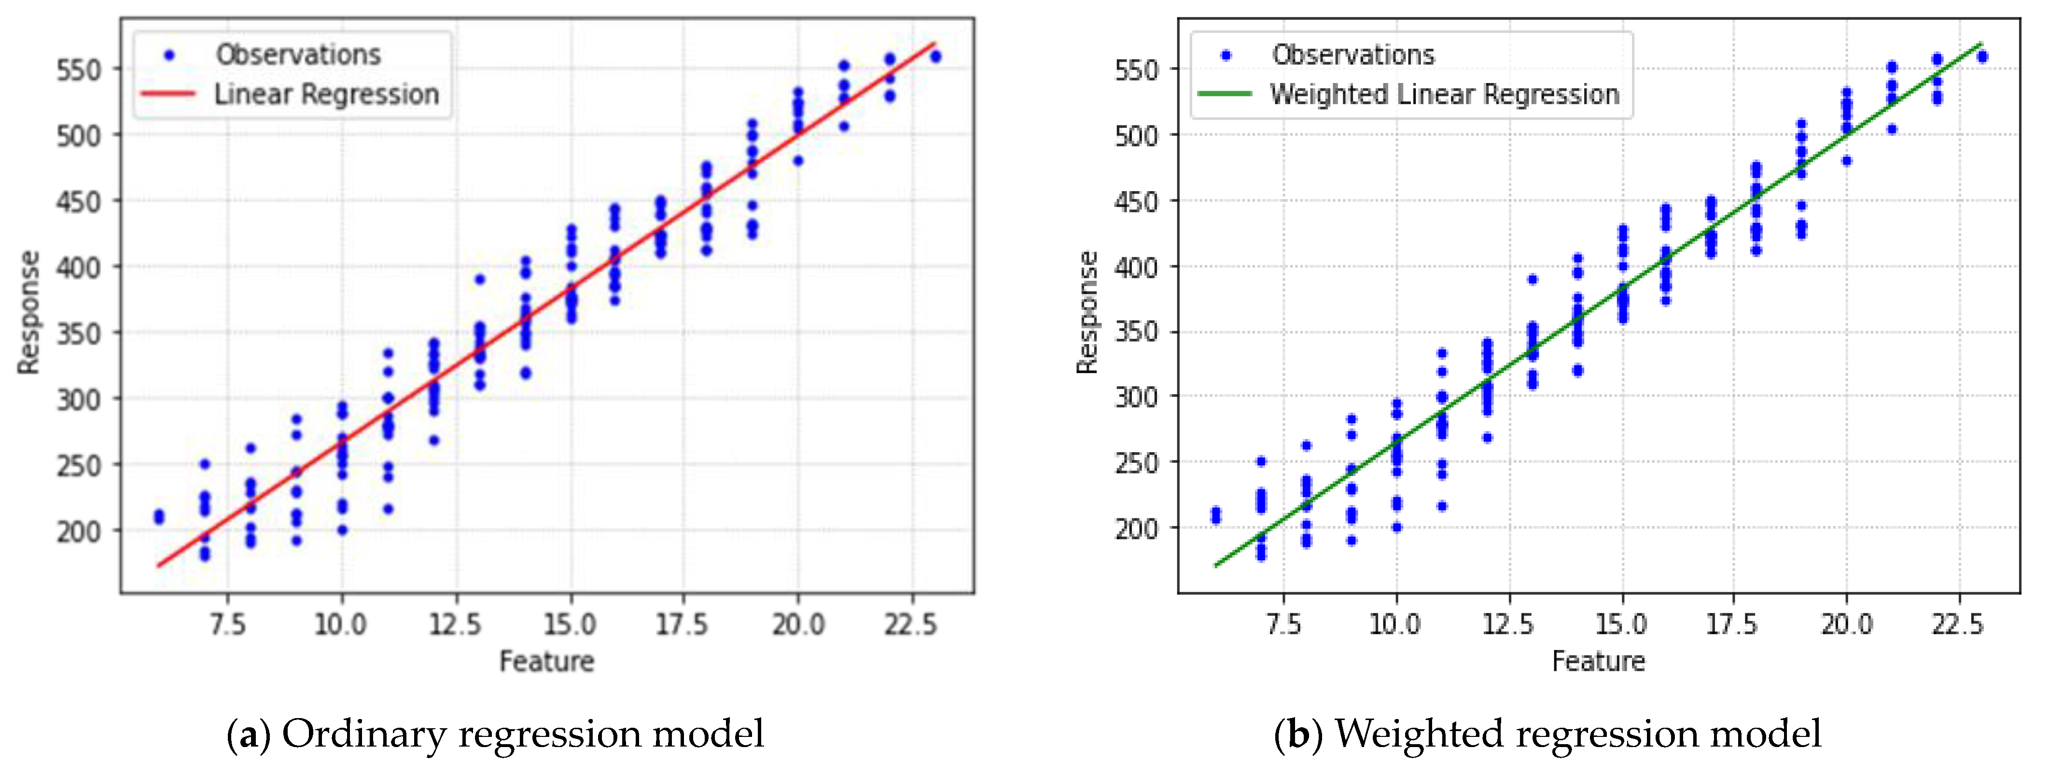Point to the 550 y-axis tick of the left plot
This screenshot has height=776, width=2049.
click(79, 70)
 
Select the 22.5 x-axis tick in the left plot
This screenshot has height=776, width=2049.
click(911, 625)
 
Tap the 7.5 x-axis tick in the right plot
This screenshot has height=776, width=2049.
click(1283, 625)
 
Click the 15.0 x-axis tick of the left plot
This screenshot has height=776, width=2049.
click(570, 625)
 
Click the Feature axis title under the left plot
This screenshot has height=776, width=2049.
click(546, 662)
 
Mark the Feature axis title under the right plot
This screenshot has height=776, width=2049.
click(1598, 662)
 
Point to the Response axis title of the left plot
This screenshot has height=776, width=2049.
click(28, 312)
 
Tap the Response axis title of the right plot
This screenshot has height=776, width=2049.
click(1087, 312)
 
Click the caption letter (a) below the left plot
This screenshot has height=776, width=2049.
click(249, 734)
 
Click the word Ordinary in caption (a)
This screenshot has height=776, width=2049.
click(364, 734)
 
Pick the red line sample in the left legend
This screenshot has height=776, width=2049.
click(168, 94)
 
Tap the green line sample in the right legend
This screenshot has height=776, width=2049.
click(1225, 94)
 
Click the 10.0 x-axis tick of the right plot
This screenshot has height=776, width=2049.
click(1395, 625)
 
